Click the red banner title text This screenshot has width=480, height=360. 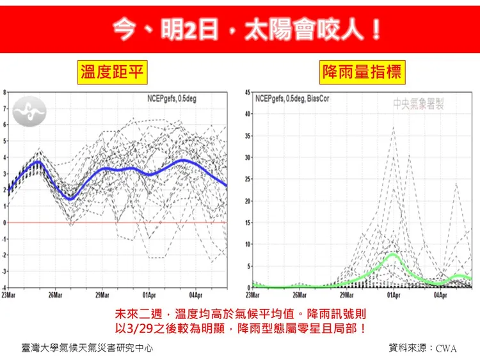[246, 29]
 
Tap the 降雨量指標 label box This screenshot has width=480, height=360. [362, 72]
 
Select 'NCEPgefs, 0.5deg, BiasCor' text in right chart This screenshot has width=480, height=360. [292, 98]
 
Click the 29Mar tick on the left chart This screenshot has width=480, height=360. [102, 295]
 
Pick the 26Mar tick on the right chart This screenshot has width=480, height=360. [300, 295]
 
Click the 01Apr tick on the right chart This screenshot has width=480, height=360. [394, 295]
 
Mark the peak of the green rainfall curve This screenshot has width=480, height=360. [392, 254]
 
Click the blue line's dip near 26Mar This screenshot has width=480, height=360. [70, 199]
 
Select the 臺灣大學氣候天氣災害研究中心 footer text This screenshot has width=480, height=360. [87, 348]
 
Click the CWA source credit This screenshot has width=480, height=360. [446, 348]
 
